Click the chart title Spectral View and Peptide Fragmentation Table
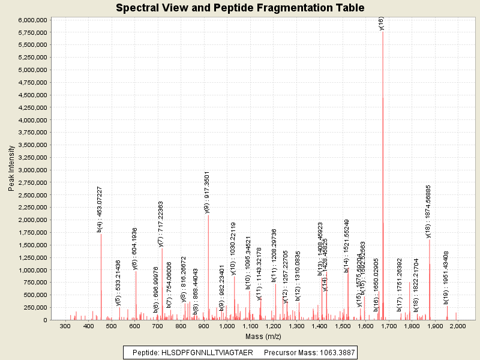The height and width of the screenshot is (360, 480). click(x=240, y=8)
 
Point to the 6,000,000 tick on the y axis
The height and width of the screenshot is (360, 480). click(x=33, y=20)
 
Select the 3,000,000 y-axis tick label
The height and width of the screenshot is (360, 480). click(x=33, y=170)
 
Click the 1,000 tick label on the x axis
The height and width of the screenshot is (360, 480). click(x=227, y=326)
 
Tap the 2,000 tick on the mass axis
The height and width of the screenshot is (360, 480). click(x=457, y=326)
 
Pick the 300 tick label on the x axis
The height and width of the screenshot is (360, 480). click(x=65, y=326)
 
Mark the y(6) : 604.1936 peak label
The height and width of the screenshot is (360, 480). click(x=135, y=248)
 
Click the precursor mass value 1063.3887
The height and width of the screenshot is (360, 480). click(x=333, y=352)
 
